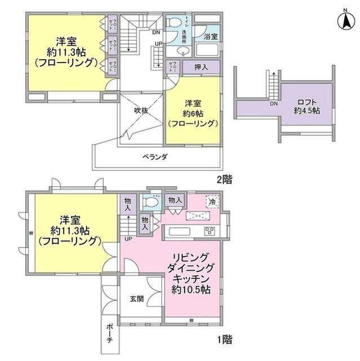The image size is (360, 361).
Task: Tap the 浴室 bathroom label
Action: pos(211,36)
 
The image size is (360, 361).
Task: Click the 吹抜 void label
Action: pos(141,111)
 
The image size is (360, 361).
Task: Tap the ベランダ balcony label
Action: pos(154,156)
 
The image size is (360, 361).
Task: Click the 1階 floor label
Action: pos(223,340)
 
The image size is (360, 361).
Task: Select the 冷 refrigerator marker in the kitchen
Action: pos(212,201)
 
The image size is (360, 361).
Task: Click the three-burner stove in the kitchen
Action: pos(210,230)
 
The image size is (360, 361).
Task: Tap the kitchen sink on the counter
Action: pos(180,232)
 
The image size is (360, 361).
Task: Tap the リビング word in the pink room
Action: pos(192,257)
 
